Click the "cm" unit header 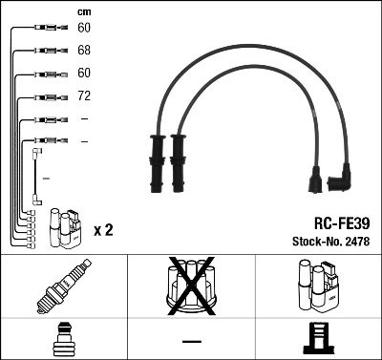(84, 11)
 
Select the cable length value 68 (84, 50)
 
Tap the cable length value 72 (84, 96)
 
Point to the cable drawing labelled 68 (48, 50)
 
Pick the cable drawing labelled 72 (48, 96)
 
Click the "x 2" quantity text (104, 230)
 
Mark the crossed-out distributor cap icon (191, 286)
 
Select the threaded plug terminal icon (63, 339)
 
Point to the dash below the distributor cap (191, 340)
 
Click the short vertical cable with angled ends (36, 176)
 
